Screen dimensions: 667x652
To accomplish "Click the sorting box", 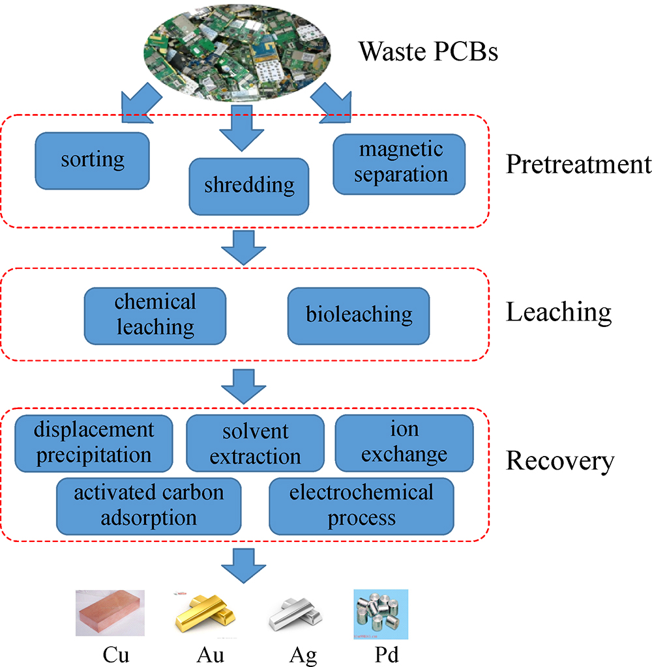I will tap(93, 160).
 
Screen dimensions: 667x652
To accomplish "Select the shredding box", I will tap(248, 186).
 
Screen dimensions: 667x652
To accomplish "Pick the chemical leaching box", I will tap(155, 314).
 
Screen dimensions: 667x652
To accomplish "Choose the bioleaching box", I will tap(359, 315).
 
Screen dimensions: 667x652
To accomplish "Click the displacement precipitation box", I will tap(94, 442).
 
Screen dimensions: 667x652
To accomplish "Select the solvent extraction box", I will tap(255, 443).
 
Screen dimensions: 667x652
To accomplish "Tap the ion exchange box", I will tap(404, 442).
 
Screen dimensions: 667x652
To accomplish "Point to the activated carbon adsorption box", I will tap(149, 505).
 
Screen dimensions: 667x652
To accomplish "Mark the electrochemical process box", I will tap(361, 505).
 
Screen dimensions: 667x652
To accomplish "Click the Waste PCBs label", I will tap(428, 51).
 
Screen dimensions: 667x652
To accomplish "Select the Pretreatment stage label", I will tap(578, 164).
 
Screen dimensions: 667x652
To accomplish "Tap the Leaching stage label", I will tap(559, 313).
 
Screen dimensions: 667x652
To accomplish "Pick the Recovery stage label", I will tap(560, 461).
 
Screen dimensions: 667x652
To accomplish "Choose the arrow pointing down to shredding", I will tap(242, 133).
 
